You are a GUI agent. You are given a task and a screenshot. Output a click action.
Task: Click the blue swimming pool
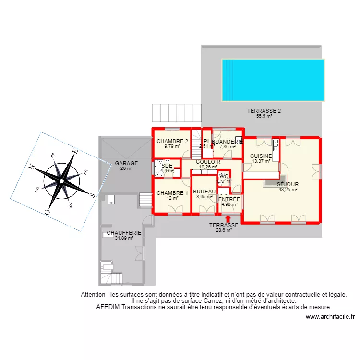273,80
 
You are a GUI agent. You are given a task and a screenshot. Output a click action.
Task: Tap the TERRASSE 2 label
264,111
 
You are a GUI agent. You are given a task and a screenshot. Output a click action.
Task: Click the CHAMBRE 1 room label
172,193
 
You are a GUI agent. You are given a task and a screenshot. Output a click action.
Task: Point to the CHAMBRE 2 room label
172,141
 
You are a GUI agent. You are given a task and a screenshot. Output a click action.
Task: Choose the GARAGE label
126,163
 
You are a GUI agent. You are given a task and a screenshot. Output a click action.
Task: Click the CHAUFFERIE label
124,233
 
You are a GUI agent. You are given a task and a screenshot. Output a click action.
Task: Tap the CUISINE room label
261,156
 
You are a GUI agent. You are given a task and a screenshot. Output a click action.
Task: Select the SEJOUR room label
288,184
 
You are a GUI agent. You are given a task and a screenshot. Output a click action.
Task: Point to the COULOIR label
208,162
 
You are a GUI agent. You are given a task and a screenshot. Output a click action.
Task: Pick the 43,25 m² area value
288,190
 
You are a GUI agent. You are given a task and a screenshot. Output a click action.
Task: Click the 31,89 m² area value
124,238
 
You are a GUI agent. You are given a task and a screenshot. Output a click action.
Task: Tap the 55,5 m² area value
264,116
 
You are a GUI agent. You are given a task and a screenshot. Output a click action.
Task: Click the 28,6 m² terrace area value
224,230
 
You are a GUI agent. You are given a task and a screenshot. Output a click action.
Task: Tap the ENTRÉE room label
229,199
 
